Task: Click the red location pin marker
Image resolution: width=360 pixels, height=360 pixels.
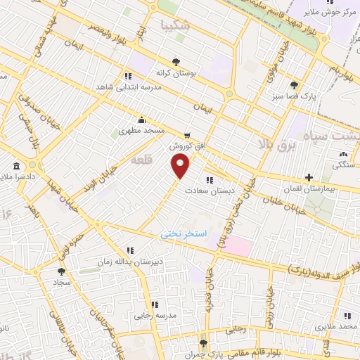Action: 181,166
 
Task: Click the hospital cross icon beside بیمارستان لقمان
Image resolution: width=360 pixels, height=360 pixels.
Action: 308,177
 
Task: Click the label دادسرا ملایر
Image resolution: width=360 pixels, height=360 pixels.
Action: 15,179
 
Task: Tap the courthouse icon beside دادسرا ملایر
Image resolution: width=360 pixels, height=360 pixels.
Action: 15,167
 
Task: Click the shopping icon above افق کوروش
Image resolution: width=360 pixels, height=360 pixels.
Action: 186,136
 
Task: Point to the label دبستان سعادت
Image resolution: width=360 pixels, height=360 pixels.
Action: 205,189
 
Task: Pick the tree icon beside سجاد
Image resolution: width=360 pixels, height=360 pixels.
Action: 61,270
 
